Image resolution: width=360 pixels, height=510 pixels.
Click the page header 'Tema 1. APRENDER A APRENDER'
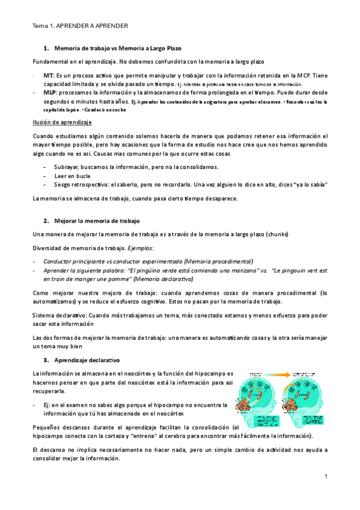[x=79, y=27]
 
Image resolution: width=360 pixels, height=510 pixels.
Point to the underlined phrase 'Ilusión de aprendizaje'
[x=62, y=122]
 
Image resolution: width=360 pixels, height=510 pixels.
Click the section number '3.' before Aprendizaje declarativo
[x=46, y=360]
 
